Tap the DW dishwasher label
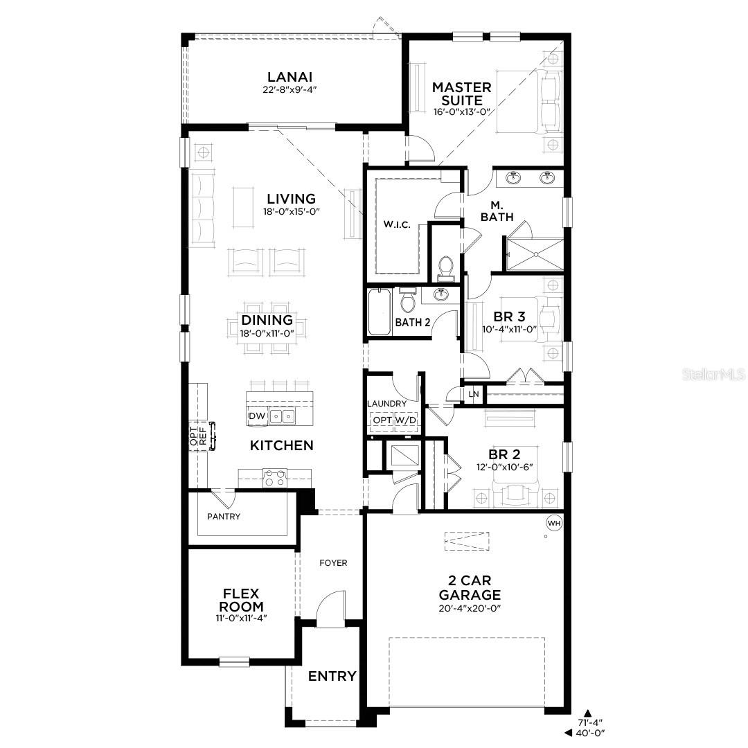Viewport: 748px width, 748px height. click(257, 416)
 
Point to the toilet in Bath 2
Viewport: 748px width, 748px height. click(408, 301)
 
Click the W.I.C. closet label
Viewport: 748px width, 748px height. click(398, 225)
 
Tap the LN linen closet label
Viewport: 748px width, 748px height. click(474, 394)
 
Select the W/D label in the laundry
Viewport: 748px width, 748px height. click(406, 420)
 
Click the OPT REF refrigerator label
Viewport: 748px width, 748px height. click(198, 436)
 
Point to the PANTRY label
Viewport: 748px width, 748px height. click(224, 517)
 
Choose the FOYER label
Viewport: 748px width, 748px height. click(333, 563)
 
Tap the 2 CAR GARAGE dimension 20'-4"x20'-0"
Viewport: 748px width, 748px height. click(469, 608)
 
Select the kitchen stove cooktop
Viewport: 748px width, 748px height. click(275, 477)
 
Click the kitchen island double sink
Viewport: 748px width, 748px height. click(282, 416)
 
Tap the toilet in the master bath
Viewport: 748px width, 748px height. click(445, 266)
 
